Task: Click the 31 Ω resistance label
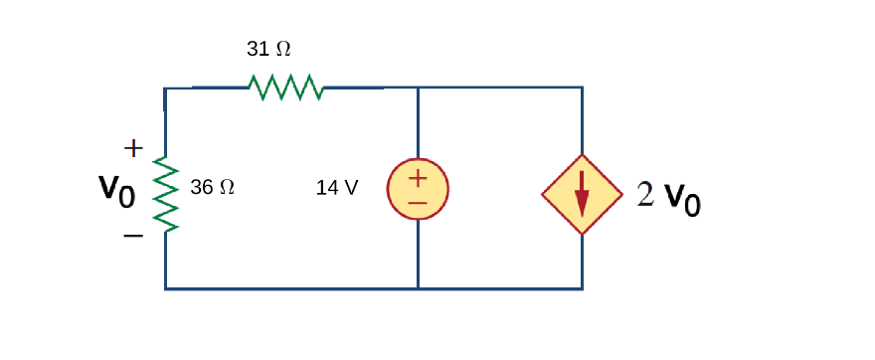point(268,49)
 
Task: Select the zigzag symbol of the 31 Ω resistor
point(286,88)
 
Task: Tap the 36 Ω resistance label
point(212,187)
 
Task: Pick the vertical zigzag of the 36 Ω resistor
point(165,194)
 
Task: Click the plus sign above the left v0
point(133,148)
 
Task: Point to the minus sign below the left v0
point(133,237)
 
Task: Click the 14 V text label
point(337,187)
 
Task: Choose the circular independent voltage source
point(418,189)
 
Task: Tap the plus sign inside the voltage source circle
point(418,178)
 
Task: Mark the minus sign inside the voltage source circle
point(418,202)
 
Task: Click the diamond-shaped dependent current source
point(582,194)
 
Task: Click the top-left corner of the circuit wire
point(165,89)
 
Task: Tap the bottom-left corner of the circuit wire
point(166,288)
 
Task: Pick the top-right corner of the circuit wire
point(582,88)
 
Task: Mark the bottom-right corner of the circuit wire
point(582,288)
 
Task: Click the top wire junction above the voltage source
point(418,88)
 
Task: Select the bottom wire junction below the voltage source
point(418,288)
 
